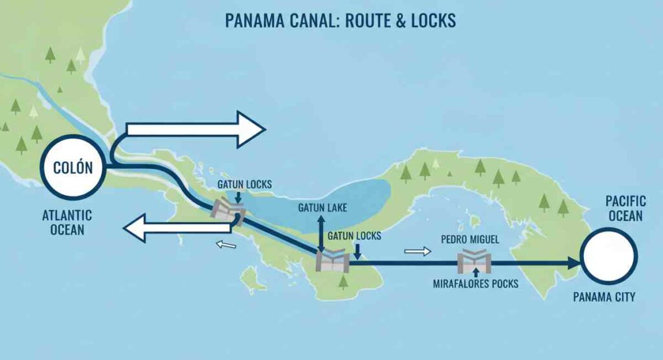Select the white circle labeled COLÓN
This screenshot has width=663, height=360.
coord(73,168)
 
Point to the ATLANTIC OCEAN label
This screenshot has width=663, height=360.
coord(67,222)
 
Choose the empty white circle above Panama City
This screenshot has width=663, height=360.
coord(609,258)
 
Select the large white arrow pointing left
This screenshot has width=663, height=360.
coord(178,230)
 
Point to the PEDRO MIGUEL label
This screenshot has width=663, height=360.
coord(470,240)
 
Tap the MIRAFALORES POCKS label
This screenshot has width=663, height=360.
coord(475,284)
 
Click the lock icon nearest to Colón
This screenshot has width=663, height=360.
coord(229,211)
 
